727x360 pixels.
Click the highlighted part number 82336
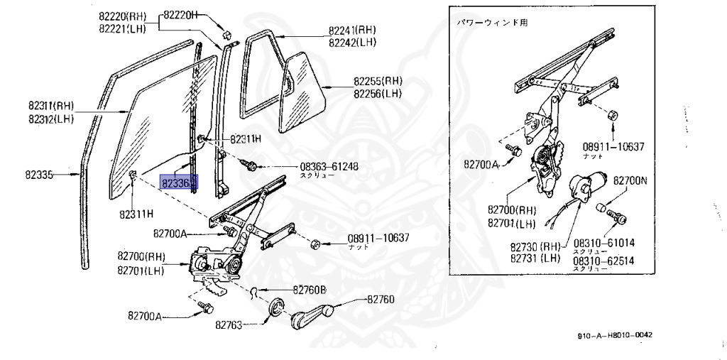tap(178, 183)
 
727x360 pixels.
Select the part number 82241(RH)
tap(352, 31)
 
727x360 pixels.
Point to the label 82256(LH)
tap(378, 94)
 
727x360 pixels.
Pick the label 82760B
tap(309, 290)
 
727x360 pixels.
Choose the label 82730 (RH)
tap(535, 247)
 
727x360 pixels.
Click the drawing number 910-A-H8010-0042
tap(615, 335)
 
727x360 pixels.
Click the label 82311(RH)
tap(52, 107)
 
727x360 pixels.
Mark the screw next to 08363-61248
tap(251, 165)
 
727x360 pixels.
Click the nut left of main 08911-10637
tap(317, 245)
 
